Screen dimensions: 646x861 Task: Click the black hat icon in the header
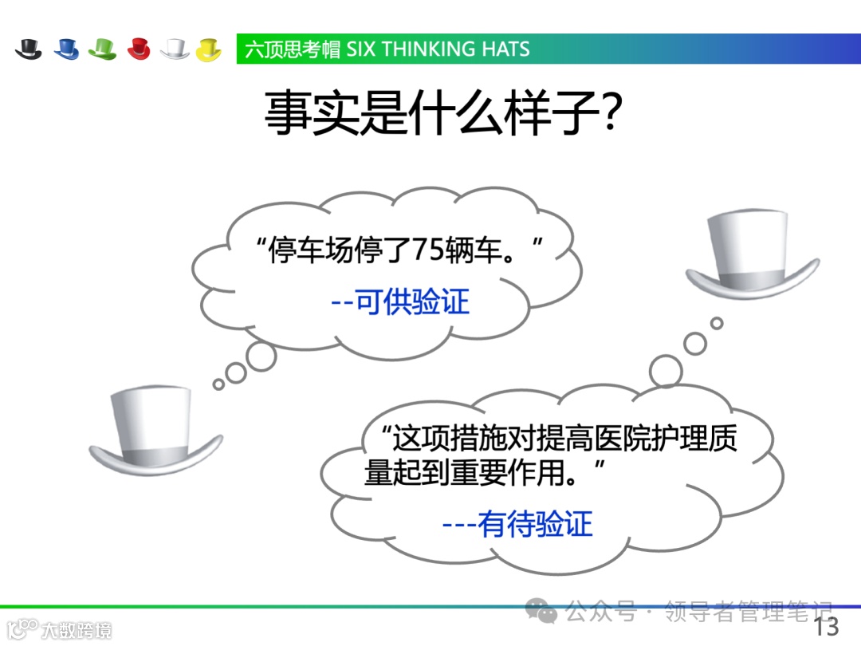[28, 49]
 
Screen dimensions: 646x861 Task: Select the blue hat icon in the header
[66, 49]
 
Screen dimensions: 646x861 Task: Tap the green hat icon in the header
[102, 49]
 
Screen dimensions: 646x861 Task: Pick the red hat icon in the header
[138, 49]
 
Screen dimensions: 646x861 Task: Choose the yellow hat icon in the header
[208, 49]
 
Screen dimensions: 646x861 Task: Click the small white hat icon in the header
[174, 49]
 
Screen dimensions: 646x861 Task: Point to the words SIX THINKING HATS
[438, 49]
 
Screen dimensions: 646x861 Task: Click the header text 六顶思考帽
[293, 49]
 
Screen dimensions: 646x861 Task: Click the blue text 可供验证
[412, 302]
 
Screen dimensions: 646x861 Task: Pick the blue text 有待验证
[535, 524]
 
